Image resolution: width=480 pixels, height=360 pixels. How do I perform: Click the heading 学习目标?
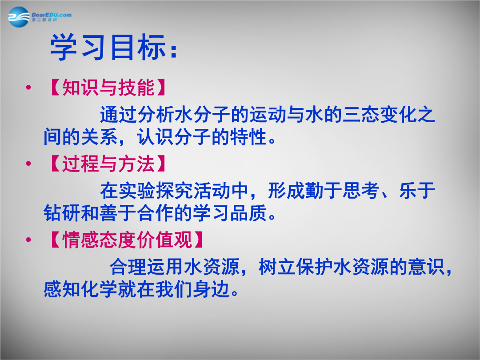(108, 47)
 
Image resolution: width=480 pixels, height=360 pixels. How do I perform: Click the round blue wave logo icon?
(19, 17)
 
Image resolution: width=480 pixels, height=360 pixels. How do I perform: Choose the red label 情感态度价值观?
(128, 240)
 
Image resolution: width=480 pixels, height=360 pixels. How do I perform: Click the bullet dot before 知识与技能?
(28, 88)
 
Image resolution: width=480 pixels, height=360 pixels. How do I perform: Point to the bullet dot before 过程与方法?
(28, 164)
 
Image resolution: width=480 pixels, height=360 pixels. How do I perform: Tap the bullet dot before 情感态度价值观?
(28, 240)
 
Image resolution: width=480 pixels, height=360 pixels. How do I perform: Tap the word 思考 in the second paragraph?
(361, 191)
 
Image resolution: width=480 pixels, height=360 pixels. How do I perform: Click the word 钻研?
(62, 213)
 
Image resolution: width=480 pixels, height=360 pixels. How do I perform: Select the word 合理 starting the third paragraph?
(128, 267)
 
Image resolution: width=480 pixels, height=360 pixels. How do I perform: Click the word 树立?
(277, 267)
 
